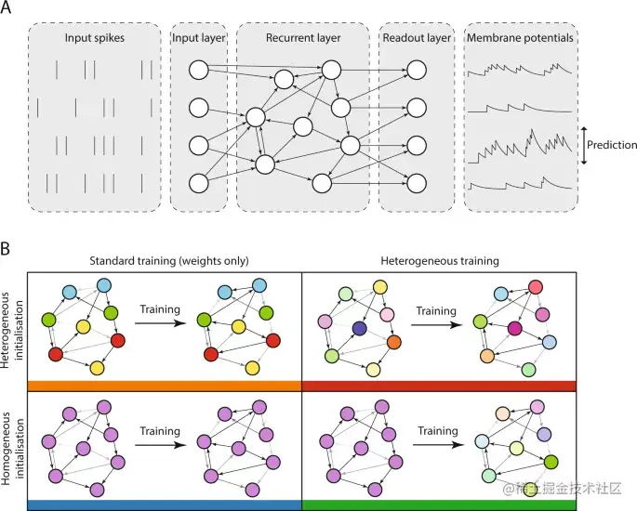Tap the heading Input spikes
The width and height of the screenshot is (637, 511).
(x=94, y=39)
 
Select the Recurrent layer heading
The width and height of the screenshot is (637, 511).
(x=303, y=39)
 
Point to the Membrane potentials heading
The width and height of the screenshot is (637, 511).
(x=519, y=39)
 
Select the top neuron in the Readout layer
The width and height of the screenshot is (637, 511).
(x=417, y=70)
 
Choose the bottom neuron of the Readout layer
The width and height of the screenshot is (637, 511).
(x=417, y=182)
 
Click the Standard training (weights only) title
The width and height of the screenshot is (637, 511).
(x=164, y=262)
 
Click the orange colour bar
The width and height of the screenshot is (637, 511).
(x=164, y=386)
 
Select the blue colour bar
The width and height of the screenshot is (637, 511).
(x=164, y=504)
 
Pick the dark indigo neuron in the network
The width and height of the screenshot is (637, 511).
(x=358, y=328)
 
